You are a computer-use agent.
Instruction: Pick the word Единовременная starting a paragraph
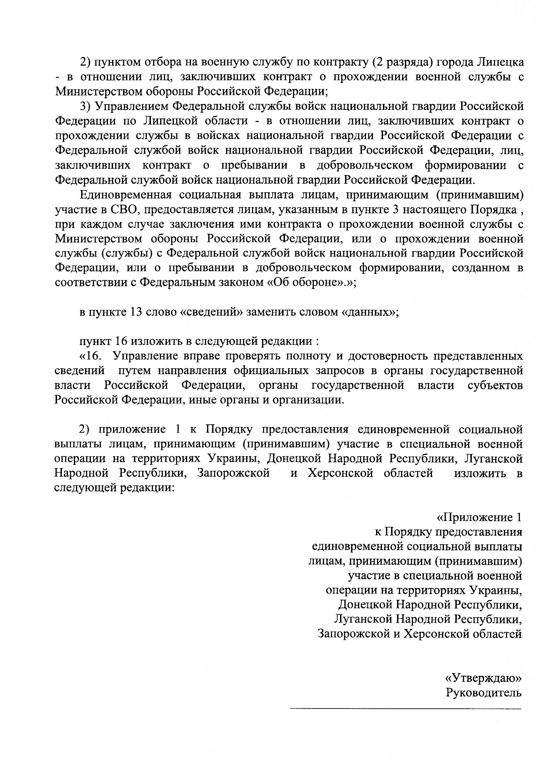coord(126,195)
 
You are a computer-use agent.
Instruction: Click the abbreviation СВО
coord(124,210)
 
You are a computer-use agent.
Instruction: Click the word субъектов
coord(495,385)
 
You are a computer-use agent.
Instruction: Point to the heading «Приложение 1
coord(479,518)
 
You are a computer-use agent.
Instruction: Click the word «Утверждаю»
coord(483,678)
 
